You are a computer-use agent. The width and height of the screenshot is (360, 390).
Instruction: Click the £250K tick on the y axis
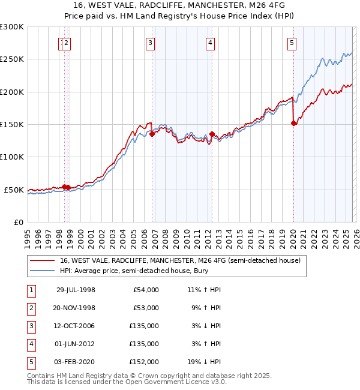[x=12, y=59]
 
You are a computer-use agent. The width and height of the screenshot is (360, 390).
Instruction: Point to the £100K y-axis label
[x=12, y=157]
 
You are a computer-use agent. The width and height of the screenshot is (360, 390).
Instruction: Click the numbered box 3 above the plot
[x=149, y=43]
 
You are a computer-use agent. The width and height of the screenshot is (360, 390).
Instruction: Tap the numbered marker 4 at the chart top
[x=211, y=43]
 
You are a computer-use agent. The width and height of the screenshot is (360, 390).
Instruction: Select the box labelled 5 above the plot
[x=291, y=43]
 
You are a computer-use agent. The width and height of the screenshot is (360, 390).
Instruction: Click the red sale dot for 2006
[x=152, y=134]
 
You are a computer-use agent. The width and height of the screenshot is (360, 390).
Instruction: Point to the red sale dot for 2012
[x=212, y=134]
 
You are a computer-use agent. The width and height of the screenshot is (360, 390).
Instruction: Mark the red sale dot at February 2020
[x=293, y=124]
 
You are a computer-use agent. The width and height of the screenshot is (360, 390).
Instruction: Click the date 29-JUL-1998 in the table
[x=76, y=290]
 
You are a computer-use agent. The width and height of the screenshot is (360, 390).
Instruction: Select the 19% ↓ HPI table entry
[x=204, y=362]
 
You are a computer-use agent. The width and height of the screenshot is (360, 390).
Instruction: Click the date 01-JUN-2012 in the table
[x=76, y=344]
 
